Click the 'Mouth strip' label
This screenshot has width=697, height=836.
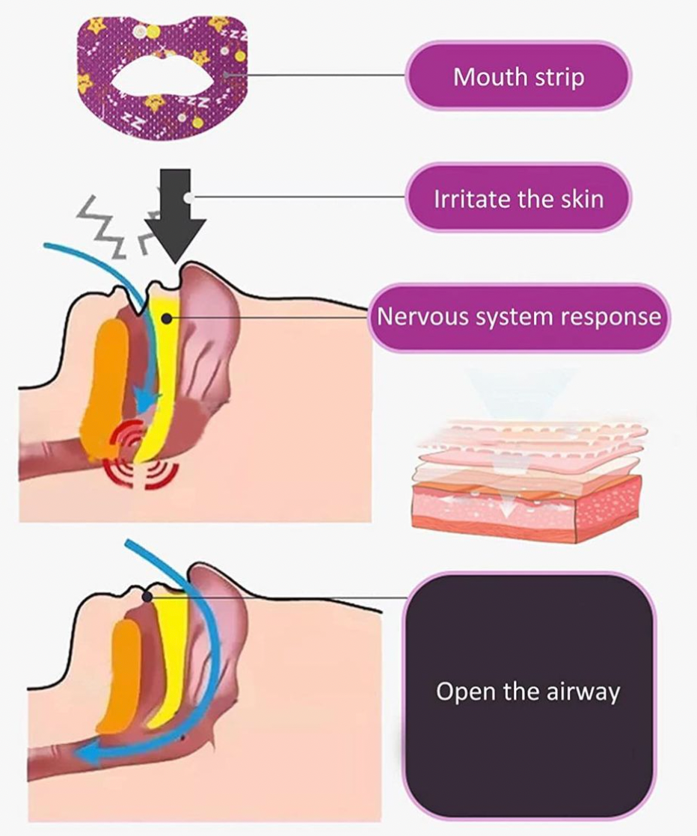click(x=518, y=76)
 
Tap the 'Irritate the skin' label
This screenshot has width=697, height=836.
click(x=518, y=198)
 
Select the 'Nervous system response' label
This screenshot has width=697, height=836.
click(x=518, y=317)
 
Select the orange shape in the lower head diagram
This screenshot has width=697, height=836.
click(x=118, y=677)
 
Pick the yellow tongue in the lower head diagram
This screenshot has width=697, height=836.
click(x=170, y=656)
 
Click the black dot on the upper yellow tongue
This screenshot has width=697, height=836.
click(x=167, y=319)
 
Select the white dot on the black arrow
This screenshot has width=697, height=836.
click(x=188, y=197)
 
